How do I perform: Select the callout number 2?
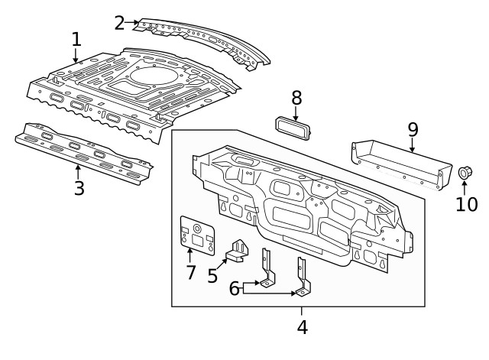click(x=120, y=22)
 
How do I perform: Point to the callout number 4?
click(x=302, y=328)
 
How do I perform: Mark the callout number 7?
click(x=190, y=271)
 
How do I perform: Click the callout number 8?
click(x=296, y=98)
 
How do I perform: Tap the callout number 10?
click(x=466, y=204)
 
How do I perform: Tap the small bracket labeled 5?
click(x=241, y=250)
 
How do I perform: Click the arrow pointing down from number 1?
click(x=76, y=55)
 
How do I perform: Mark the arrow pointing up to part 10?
click(x=463, y=187)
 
